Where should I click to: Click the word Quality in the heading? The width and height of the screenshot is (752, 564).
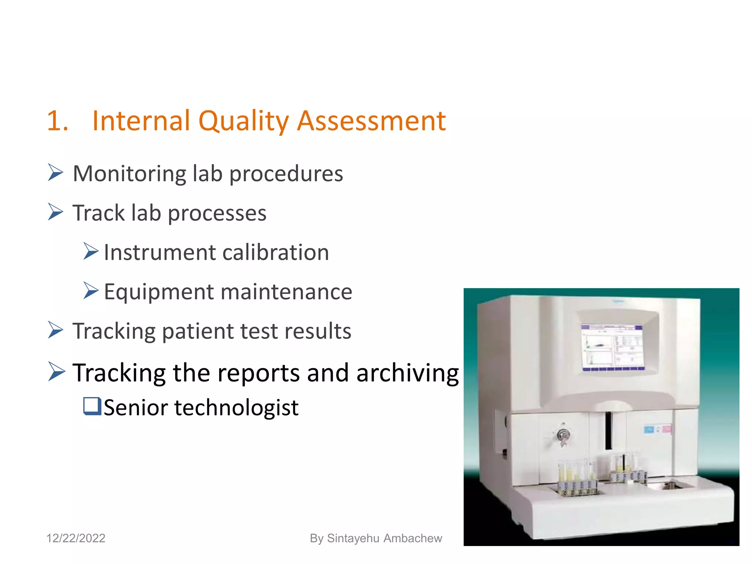pyautogui.click(x=243, y=121)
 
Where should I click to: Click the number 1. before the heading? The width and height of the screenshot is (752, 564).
pyautogui.click(x=58, y=121)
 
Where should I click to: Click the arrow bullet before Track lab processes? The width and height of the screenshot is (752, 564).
pyautogui.click(x=55, y=212)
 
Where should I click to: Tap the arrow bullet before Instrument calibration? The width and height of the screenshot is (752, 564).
pyautogui.click(x=91, y=252)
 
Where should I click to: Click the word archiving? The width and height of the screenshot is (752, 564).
pyautogui.click(x=408, y=373)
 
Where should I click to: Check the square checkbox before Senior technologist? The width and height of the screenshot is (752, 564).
pyautogui.click(x=92, y=406)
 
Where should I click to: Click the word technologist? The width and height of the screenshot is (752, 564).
pyautogui.click(x=236, y=408)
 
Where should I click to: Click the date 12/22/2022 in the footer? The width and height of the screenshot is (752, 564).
pyautogui.click(x=76, y=538)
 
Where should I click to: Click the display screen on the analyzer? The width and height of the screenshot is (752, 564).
pyautogui.click(x=612, y=347)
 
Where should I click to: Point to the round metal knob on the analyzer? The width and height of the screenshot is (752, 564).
pyautogui.click(x=562, y=435)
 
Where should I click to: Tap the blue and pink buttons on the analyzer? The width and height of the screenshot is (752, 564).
pyautogui.click(x=658, y=429)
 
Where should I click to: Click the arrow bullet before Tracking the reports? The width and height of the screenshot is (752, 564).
pyautogui.click(x=56, y=372)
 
